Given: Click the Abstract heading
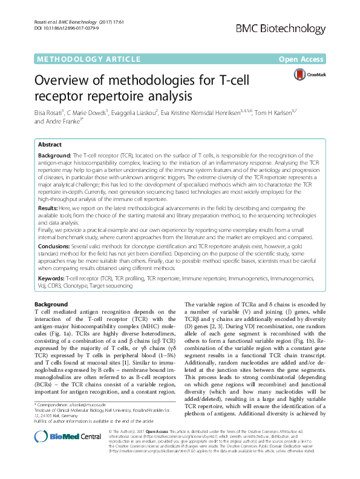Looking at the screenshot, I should [50, 145].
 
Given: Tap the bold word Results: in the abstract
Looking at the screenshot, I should [48, 208].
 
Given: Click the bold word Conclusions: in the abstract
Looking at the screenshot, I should [53, 247].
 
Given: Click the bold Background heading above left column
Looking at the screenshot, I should [51, 304].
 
